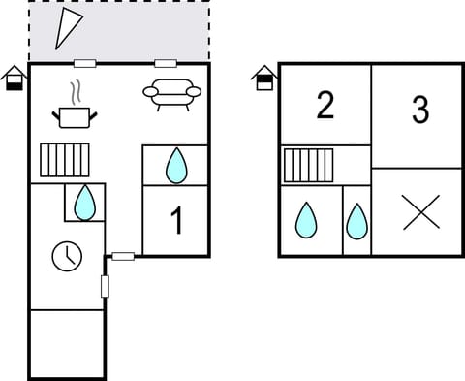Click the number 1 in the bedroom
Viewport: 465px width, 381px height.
pos(176,220)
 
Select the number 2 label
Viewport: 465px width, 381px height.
pos(325,105)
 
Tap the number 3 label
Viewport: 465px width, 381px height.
pos(419,111)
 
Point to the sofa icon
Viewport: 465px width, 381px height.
pos(171,93)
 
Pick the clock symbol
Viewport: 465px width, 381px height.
pos(67,256)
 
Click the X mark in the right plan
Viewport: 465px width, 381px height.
pos(420,212)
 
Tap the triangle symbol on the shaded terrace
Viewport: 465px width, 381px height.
pos(68,28)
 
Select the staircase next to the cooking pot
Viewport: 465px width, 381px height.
pos(65,160)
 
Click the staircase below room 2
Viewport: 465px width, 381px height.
pos(308,165)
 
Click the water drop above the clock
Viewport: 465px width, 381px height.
pos(85,203)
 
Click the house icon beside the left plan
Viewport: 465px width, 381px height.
pos(15,78)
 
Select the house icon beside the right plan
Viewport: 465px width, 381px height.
pos(263,78)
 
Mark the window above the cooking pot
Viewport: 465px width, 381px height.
pos(85,64)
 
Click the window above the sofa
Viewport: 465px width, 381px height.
pos(166,64)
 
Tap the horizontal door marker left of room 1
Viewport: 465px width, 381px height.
pos(123,256)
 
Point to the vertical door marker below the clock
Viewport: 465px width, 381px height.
pos(105,286)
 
